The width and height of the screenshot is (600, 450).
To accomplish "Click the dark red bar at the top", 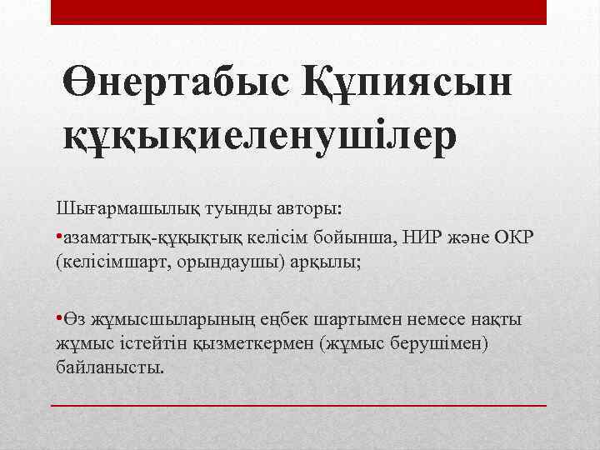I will click(299, 12).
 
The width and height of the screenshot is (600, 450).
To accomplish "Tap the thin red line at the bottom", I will click(299, 404).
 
